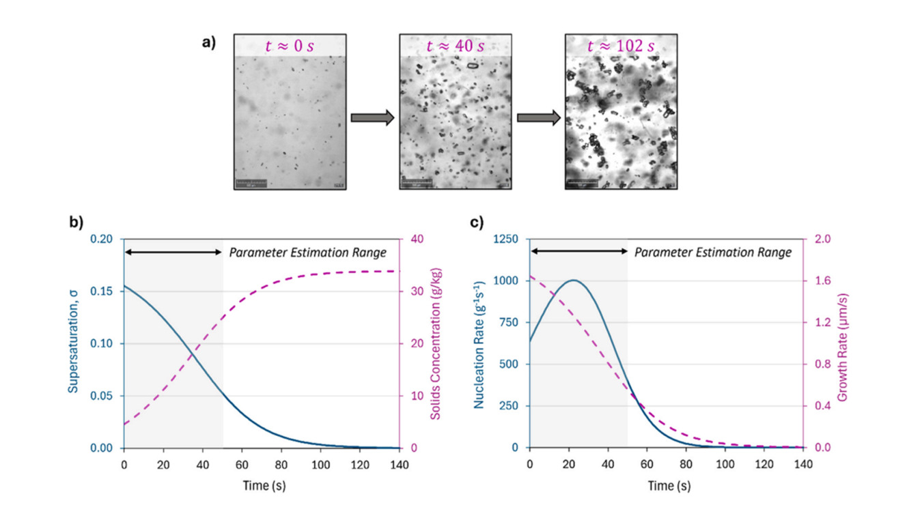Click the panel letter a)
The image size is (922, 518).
[208, 42]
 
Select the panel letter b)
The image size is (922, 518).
[74, 222]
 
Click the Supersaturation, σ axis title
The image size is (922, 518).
[72, 343]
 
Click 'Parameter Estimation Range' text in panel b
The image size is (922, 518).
[307, 253]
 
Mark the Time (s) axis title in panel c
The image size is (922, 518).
[667, 486]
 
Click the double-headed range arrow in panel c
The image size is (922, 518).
[578, 252]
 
